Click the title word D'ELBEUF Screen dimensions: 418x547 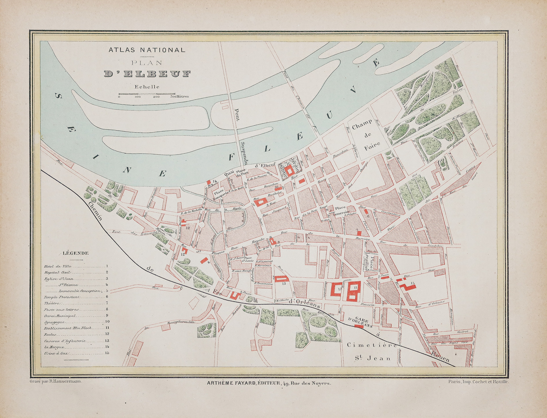point(147,74)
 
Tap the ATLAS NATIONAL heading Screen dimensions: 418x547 point(147,50)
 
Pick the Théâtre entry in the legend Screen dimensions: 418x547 point(52,304)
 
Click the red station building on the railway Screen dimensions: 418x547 point(359,326)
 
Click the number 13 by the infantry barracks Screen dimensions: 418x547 point(284,284)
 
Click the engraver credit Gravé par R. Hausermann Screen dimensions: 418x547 point(56,382)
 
